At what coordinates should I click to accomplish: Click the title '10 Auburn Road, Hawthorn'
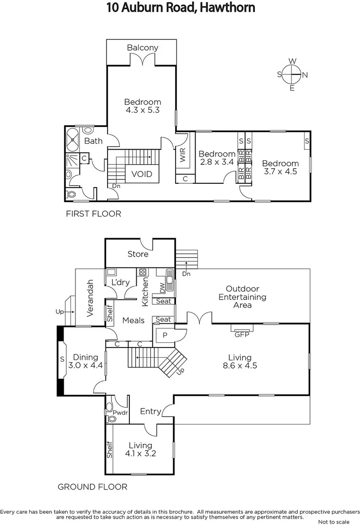tap(180, 8)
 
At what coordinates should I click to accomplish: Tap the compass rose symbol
tap(292, 74)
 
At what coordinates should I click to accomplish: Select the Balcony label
tap(143, 48)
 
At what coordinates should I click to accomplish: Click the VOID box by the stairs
tap(142, 174)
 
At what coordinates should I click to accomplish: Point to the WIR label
tap(183, 156)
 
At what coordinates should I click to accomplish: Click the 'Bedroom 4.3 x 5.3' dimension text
tap(143, 106)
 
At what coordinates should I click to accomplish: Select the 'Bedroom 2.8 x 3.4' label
tap(217, 158)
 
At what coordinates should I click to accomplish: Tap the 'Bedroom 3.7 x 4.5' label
tap(280, 167)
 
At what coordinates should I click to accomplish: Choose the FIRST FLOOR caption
tap(93, 213)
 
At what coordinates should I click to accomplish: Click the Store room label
tap(138, 254)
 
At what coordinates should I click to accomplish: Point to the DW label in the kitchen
tap(162, 288)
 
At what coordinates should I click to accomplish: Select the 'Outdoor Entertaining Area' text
tap(242, 297)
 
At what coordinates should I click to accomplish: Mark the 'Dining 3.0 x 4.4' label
tap(85, 361)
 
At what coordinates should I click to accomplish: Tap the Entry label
tap(150, 411)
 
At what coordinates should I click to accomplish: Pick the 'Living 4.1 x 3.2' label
tap(140, 450)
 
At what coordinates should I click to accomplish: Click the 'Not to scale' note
tap(333, 522)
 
